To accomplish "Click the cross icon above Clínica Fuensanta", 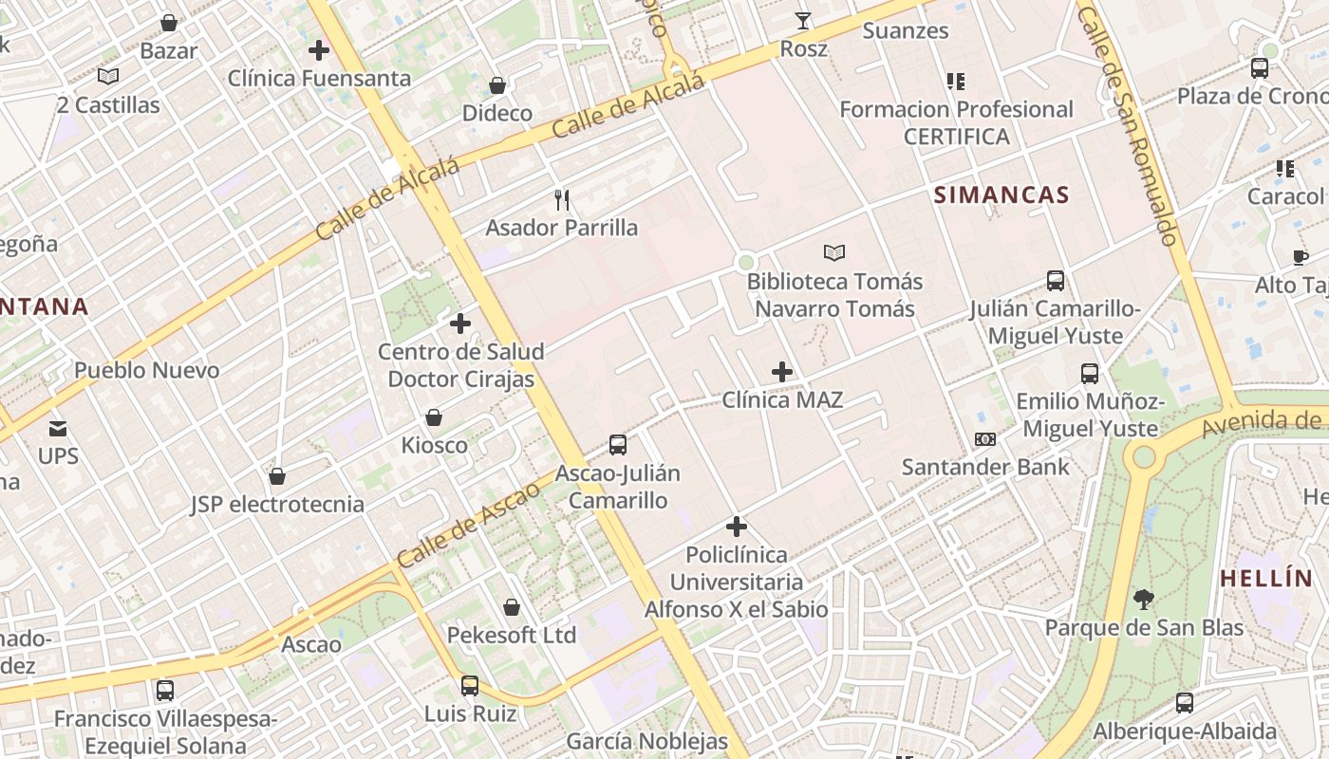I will click(319, 49).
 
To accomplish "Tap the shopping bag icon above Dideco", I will click(496, 85).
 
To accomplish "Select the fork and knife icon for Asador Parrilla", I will click(562, 199).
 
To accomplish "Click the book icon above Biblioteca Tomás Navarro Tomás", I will click(834, 252).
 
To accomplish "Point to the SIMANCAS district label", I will click(1001, 195).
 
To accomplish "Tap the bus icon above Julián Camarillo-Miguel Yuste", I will click(1056, 280).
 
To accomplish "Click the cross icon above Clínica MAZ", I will click(782, 372).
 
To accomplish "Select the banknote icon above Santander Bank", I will click(985, 439).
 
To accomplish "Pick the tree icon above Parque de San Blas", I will click(1143, 599).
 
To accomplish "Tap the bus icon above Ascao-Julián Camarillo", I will click(617, 444).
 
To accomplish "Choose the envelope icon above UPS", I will click(58, 428).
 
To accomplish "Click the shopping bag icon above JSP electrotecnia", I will click(277, 475).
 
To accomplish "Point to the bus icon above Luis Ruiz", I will click(470, 685).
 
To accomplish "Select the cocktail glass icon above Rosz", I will click(803, 20).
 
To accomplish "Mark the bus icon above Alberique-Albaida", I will click(1185, 703).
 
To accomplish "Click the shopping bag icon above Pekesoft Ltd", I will click(512, 607).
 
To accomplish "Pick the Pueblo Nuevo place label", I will click(146, 370).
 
